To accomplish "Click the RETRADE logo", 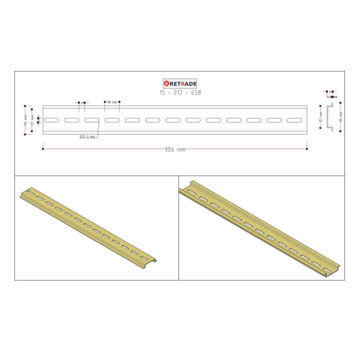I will click(x=180, y=84).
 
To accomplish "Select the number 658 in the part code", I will click(x=195, y=92).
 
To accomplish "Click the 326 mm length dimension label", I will click(x=174, y=149).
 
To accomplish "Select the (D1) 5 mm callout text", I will click(x=87, y=137).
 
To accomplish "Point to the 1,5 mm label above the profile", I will click(x=332, y=97).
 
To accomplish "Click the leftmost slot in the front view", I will click(x=51, y=120).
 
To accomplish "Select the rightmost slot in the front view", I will click(x=294, y=120).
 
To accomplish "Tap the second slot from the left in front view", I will click(x=71, y=120).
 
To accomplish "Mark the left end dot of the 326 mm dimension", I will click(x=42, y=148).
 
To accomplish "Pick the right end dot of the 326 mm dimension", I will click(x=307, y=148).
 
